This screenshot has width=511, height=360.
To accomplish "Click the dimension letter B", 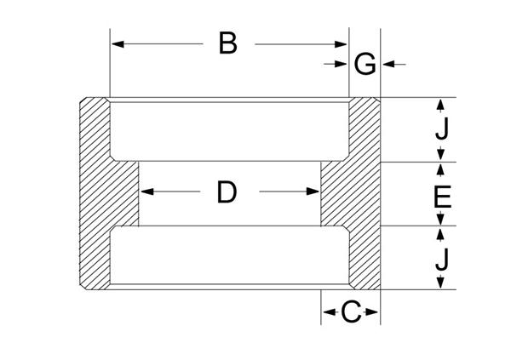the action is tap(227, 43).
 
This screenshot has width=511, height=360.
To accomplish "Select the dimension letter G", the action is tap(365, 65).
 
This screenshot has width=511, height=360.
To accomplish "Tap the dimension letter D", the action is tap(227, 191).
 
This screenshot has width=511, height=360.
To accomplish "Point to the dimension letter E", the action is tap(442, 197).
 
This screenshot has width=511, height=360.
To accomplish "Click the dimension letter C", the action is tap(351, 311).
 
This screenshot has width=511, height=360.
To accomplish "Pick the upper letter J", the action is tap(442, 129).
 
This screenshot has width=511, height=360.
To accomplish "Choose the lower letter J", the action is tap(442, 259).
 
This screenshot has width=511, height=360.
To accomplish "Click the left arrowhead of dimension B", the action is tap(118, 44).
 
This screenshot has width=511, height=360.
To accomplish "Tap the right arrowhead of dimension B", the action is tap(341, 44).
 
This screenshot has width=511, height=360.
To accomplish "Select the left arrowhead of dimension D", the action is tap(147, 191).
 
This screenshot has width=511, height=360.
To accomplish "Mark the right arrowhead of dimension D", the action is tap(313, 191).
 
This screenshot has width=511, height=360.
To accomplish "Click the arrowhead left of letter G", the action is tap(341, 64).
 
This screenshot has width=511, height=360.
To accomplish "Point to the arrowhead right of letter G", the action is tap(389, 64).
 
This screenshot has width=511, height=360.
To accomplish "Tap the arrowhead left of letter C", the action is tap(329, 312).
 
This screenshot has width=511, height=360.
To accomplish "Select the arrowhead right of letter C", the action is tap(371, 312).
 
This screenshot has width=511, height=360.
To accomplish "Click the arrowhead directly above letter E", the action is tap(440, 169).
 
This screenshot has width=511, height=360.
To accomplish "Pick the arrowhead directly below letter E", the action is tap(440, 218).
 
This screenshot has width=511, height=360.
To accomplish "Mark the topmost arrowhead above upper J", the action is tap(440, 105).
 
